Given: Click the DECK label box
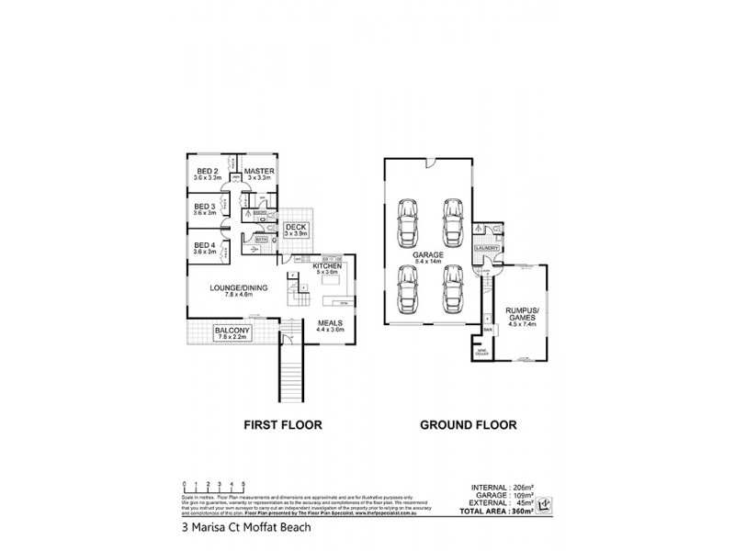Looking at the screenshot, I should click(295, 230).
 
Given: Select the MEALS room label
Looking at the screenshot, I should click(330, 326).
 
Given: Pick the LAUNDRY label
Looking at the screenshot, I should click(486, 248).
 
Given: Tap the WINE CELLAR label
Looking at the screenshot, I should click(481, 350).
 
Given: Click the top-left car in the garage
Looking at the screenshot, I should click(405, 219).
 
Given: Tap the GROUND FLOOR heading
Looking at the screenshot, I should click(468, 425).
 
